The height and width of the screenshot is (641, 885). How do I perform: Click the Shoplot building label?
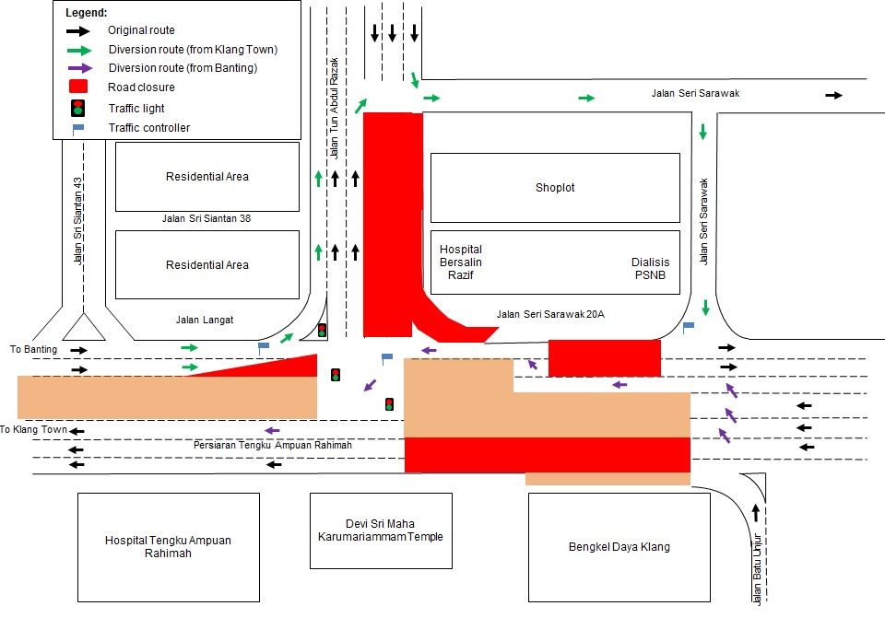coord(555,187)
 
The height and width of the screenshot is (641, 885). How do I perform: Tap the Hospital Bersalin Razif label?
coord(461,262)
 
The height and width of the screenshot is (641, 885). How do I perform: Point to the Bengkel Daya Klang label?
coord(619,546)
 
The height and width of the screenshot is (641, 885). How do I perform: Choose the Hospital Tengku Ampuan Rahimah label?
coord(168,547)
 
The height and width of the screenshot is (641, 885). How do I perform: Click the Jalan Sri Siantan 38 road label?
coord(206,219)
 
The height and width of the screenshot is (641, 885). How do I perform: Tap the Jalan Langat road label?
coord(205,320)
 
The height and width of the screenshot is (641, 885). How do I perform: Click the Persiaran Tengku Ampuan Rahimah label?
coord(273,445)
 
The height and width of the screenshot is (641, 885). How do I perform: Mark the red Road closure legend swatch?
coord(79,87)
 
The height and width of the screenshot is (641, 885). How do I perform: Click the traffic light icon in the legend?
coord(79,108)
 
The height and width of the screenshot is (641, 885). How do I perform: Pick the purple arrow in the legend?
coord(79,68)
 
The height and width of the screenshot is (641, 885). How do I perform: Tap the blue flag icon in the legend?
coord(78,128)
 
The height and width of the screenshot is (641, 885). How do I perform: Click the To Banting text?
coord(33,349)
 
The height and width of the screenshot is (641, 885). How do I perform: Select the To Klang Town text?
coord(33,429)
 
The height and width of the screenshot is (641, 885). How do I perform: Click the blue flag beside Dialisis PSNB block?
coord(688,325)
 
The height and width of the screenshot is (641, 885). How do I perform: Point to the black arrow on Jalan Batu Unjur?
coord(756,511)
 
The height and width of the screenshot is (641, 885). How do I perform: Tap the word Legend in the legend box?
coord(87,13)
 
